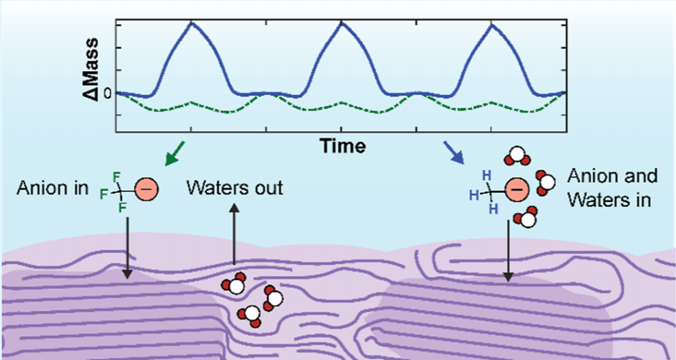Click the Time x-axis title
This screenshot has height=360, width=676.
coord(342,146)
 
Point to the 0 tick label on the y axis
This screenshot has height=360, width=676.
coord(106,94)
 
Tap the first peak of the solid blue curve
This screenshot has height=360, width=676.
coord(192,23)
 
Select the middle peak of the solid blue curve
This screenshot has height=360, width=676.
coord(342,23)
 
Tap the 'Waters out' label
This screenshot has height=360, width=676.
coord(234,187)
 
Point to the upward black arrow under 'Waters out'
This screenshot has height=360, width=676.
coord(234,234)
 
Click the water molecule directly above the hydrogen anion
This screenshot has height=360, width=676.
coord(517,156)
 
